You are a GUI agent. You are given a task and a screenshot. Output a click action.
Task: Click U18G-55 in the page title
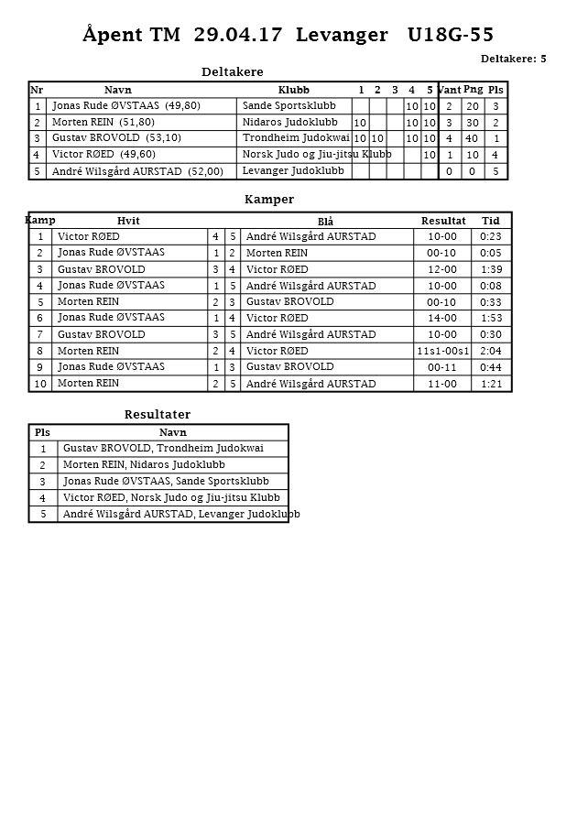coord(451,35)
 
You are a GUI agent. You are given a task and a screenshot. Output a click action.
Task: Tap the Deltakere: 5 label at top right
coord(513,59)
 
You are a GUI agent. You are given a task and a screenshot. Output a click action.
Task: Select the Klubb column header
coord(293,90)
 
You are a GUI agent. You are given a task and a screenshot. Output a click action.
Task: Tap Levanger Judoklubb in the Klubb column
coord(293,170)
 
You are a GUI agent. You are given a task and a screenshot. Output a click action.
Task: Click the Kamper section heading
coord(269,199)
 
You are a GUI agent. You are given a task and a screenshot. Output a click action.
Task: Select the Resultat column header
coord(443,221)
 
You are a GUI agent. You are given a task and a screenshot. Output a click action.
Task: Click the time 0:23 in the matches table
coord(491,237)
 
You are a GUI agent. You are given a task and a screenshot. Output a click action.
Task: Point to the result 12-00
coord(442,269)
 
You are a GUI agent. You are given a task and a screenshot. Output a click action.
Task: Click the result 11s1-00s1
coord(443,351)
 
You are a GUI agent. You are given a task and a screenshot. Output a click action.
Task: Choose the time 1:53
coord(491,318)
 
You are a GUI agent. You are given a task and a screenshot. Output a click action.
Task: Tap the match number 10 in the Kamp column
coord(41,384)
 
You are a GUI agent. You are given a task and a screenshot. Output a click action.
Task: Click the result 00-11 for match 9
coord(442,367)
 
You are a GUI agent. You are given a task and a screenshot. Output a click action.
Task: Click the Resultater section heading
coord(158,415)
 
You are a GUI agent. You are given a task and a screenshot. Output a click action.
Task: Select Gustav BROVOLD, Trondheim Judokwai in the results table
coord(163,448)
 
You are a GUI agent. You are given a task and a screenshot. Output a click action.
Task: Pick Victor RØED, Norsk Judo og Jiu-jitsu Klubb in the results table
coord(171,497)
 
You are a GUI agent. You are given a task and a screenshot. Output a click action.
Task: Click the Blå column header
coord(325,222)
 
